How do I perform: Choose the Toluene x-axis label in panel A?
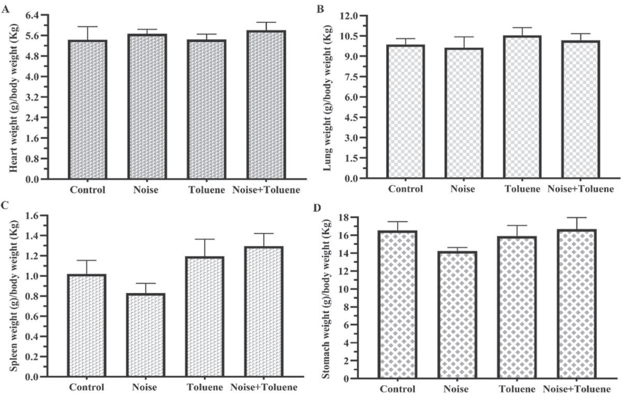(x=207, y=190)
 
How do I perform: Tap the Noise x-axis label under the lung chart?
(x=462, y=189)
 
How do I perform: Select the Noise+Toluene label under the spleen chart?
(x=264, y=388)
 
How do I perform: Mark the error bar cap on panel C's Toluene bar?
(x=205, y=239)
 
